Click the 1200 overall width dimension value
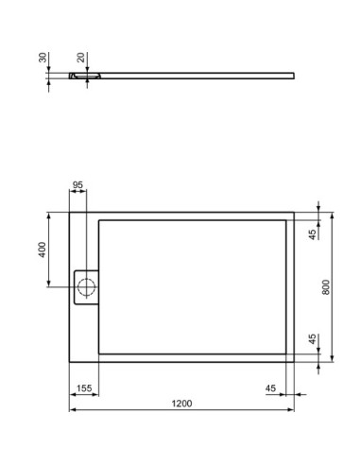click(181, 404)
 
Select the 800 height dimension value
click(326, 286)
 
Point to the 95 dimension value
click(79, 185)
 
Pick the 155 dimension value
click(83, 388)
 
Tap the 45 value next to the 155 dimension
click(270, 388)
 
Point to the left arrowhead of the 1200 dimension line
click(72, 412)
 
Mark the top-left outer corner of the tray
click(70, 211)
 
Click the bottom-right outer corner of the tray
click(294, 362)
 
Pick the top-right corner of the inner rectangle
click(286, 219)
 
